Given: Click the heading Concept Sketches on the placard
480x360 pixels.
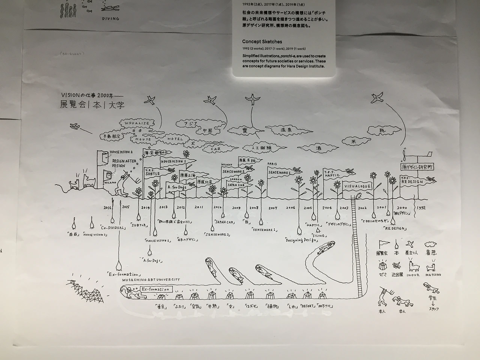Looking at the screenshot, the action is tap(262, 42).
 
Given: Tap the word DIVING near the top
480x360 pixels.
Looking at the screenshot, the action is tap(111, 18).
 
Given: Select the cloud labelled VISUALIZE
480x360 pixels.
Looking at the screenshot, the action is tap(137, 123).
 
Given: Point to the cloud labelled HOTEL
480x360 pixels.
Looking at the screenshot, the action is tap(175, 139).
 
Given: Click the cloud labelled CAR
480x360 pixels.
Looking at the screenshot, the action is tap(216, 149).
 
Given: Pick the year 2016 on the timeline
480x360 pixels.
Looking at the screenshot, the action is tap(108, 207).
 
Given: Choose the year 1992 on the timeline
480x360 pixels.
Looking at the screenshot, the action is tap(421, 207).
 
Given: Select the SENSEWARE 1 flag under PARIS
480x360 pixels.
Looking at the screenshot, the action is tap(278, 173).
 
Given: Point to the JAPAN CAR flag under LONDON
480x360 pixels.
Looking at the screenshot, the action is tap(236, 185).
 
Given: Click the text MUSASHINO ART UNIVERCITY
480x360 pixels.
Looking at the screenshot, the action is tap(151, 280).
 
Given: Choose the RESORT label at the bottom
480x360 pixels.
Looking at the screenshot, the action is tap(307, 306).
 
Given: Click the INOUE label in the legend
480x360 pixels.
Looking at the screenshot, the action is tap(413, 275).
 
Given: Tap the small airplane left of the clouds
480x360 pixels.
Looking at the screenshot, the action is tap(75, 126).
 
